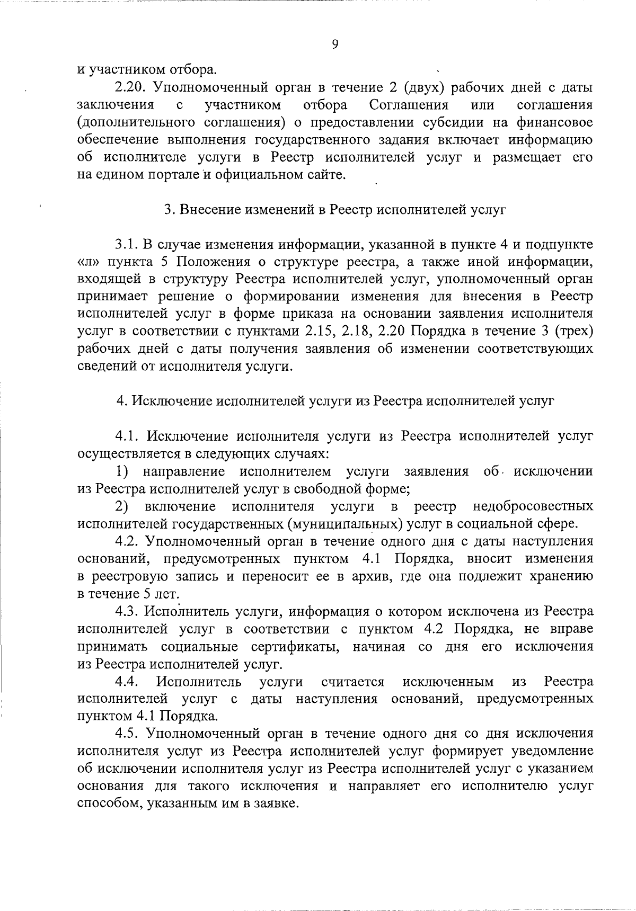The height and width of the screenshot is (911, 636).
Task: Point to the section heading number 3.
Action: [x=168, y=210]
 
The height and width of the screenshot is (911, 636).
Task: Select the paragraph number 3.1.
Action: [x=128, y=245]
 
